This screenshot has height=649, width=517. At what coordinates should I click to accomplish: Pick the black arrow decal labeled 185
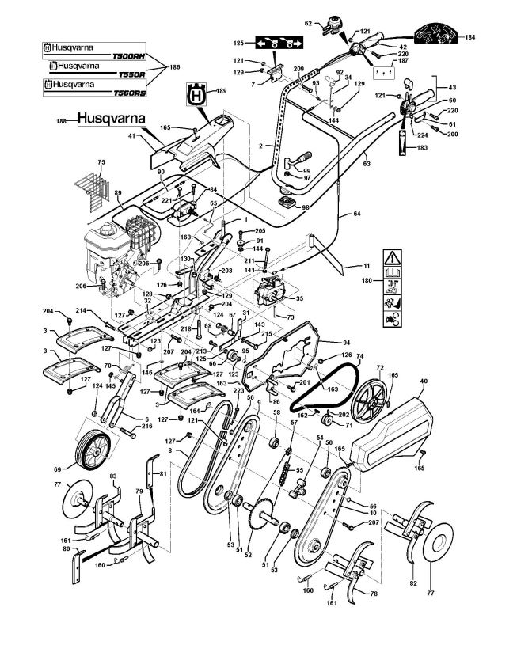click(275, 43)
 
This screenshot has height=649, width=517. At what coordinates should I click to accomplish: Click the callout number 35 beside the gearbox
click(298, 300)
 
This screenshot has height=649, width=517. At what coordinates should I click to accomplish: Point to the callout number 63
click(366, 164)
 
